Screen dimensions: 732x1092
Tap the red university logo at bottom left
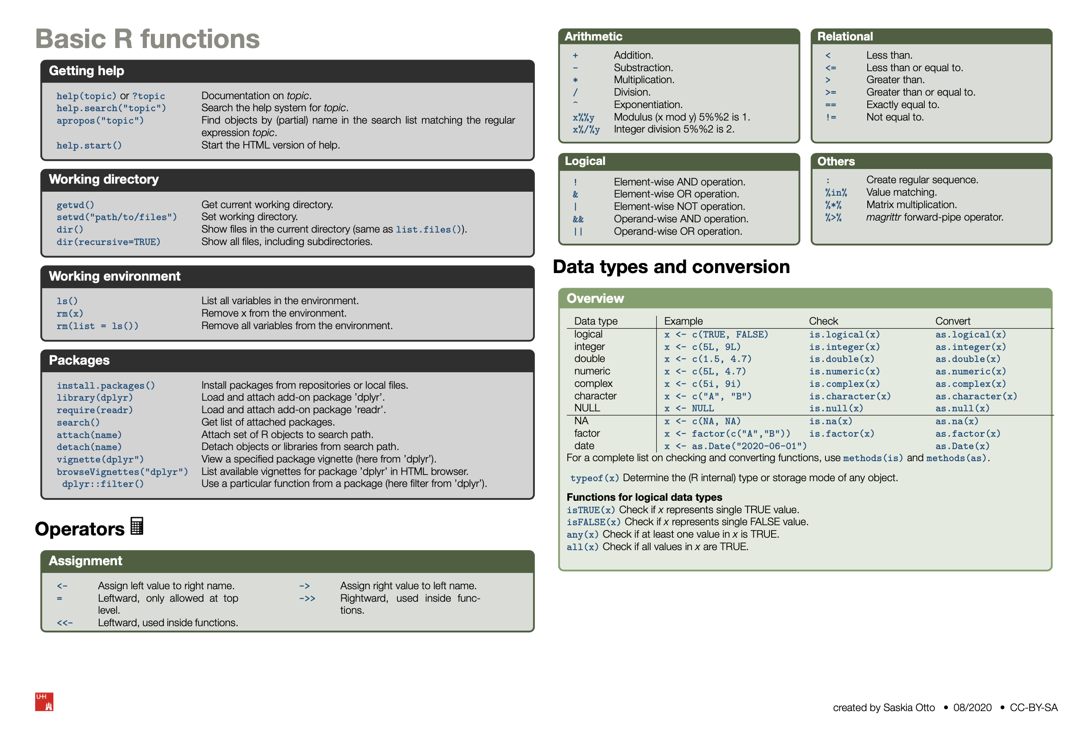[44, 701]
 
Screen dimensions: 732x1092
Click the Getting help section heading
[86, 71]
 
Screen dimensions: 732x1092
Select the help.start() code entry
[89, 146]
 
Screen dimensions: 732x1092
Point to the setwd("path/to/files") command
[117, 217]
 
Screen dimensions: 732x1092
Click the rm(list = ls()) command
[97, 326]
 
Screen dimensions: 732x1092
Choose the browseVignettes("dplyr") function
[122, 472]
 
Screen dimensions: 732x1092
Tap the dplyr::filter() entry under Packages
[103, 484]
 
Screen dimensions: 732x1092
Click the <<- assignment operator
[65, 623]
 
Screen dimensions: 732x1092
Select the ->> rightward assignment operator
[307, 599]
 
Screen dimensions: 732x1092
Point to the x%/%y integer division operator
[586, 130]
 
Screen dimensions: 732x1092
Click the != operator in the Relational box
[830, 117]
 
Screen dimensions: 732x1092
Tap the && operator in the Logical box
[578, 219]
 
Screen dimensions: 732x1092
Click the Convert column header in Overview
[952, 321]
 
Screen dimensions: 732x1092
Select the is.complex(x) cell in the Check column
[844, 384]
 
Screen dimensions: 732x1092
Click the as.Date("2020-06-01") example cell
[735, 446]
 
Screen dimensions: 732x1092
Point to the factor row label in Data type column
[586, 433]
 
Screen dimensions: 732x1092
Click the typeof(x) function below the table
[594, 478]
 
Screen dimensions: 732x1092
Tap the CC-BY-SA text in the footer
[1033, 708]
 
